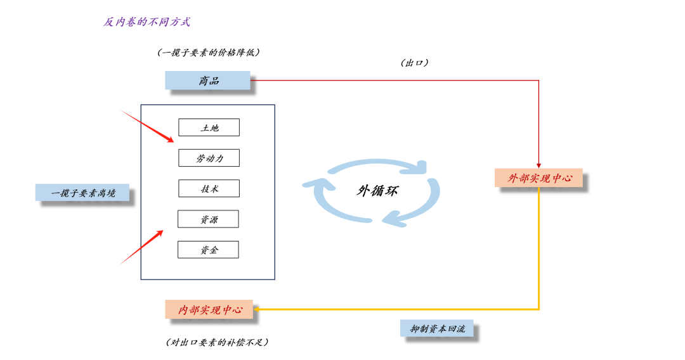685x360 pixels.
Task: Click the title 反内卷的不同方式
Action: point(147,22)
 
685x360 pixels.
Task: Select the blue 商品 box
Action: point(207,80)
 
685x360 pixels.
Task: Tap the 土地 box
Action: point(209,127)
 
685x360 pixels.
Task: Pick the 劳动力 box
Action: point(209,158)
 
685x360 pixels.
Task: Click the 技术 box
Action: point(209,188)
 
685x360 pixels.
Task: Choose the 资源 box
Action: point(208,219)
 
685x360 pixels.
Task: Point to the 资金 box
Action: point(208,250)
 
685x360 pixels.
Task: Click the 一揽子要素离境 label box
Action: point(82,193)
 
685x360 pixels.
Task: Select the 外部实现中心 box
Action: point(538,177)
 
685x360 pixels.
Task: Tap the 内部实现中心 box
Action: point(209,309)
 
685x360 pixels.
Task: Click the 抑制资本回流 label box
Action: point(437,328)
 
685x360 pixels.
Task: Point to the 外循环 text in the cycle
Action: point(377,191)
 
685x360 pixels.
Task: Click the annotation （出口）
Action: point(414,63)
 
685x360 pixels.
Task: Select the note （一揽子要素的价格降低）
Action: point(209,53)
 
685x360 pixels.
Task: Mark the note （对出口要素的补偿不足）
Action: point(217,342)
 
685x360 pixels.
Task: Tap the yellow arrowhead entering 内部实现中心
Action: point(256,309)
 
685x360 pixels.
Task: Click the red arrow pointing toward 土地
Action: point(147,127)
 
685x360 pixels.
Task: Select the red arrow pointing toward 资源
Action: point(141,247)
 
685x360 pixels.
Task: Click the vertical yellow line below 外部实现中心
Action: point(538,248)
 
